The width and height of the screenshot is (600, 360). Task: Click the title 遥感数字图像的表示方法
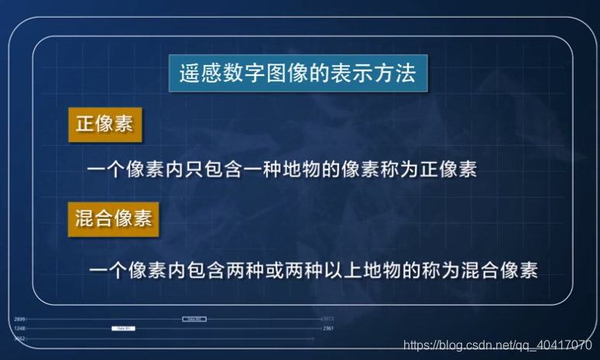(x=298, y=75)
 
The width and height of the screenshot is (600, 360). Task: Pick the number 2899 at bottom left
(x=20, y=319)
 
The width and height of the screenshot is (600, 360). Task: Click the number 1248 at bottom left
(x=20, y=328)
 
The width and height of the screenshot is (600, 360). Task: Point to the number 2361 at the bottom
(x=327, y=328)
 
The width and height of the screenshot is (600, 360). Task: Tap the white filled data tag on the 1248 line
(x=123, y=328)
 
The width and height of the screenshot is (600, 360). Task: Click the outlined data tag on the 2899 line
(x=194, y=319)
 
